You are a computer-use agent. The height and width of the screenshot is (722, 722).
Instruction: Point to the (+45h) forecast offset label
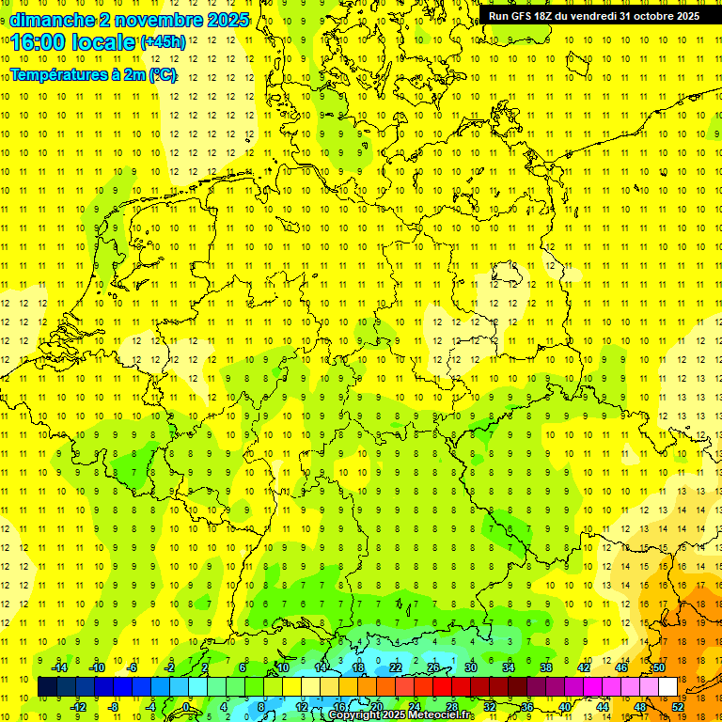163,42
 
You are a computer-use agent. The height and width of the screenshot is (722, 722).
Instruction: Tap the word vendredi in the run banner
589,16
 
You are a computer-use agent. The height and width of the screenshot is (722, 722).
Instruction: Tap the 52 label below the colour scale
678,706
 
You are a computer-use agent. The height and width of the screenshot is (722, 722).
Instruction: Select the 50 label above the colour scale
659,667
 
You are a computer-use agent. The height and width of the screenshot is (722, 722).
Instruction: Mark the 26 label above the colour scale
433,667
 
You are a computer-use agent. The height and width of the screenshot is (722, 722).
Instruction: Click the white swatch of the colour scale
668,687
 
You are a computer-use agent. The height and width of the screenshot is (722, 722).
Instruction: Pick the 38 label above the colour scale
546,667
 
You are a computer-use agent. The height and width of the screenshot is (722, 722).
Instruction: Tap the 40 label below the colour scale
565,706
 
